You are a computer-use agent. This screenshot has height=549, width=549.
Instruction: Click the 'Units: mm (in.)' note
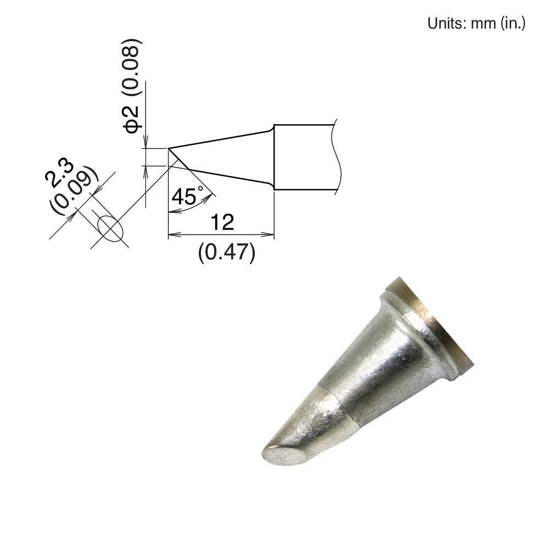476,24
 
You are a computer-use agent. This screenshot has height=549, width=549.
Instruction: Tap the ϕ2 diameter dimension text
132,119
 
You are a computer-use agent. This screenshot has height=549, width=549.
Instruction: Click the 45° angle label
187,196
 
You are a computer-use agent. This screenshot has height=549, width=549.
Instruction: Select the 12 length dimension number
221,222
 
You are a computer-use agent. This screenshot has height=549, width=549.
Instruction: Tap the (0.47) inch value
227,253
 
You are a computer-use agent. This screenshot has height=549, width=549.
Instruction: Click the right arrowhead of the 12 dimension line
270,235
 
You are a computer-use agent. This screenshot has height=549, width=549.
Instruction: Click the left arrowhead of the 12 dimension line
171,235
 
